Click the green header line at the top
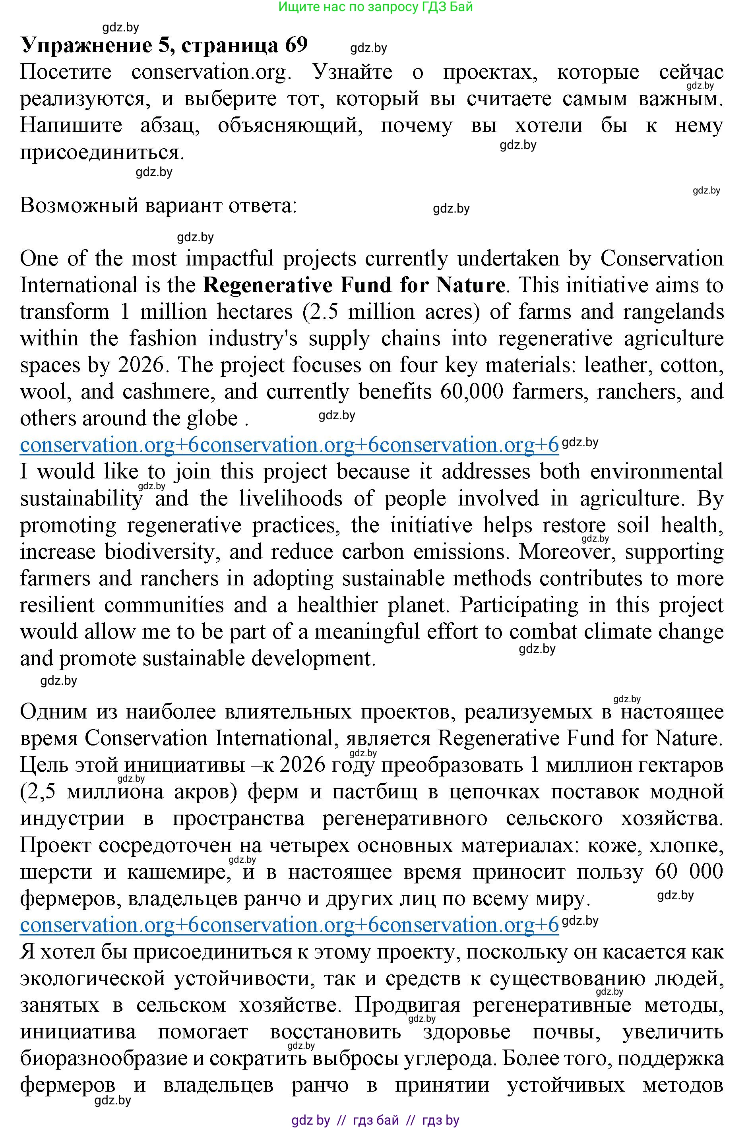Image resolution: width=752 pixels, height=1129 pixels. (x=376, y=7)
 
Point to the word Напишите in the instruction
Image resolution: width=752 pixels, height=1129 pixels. (x=71, y=126)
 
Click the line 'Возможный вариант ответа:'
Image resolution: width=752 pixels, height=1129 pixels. (x=158, y=206)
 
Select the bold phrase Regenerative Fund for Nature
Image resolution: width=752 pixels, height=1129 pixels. (x=354, y=285)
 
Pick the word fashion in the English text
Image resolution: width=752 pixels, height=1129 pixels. (x=163, y=339)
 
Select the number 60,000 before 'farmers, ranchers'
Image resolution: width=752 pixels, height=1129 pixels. (x=471, y=392)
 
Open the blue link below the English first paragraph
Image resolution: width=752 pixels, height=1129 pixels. (x=289, y=445)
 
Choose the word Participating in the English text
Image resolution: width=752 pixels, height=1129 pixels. (x=519, y=605)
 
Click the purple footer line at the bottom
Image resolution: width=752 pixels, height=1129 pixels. (x=376, y=1120)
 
